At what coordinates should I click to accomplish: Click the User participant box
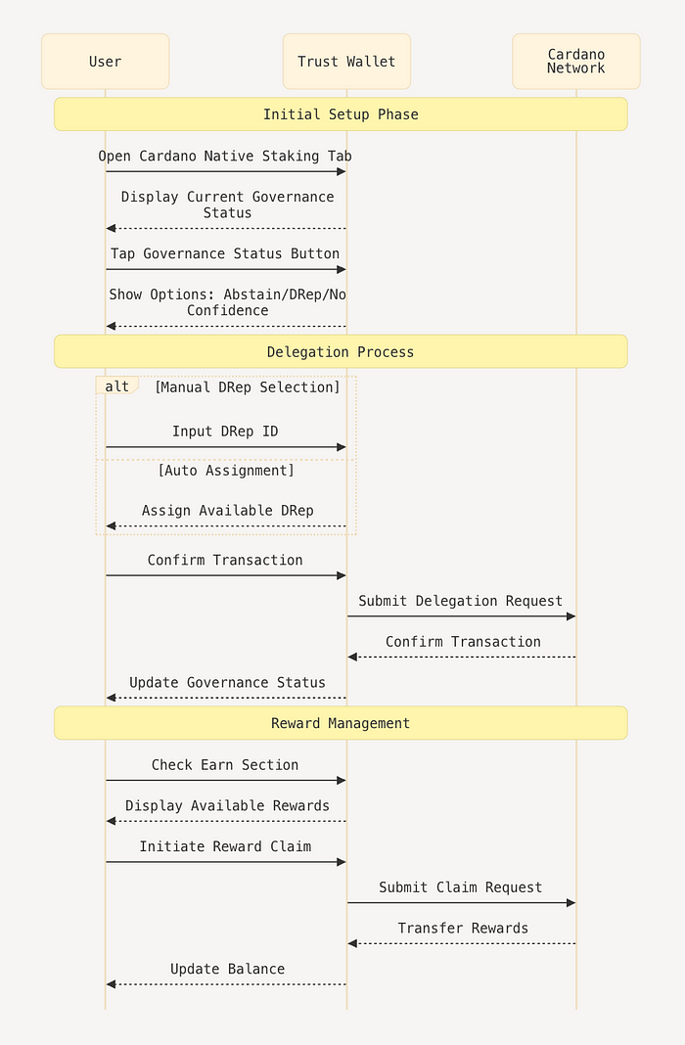(106, 62)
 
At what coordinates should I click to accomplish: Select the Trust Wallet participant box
(346, 62)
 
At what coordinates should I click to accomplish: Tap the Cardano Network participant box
(576, 62)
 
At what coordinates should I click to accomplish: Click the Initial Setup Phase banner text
(341, 114)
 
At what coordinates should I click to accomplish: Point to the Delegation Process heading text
(341, 352)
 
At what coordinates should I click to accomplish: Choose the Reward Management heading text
(341, 723)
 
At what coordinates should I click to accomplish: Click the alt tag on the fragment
(116, 386)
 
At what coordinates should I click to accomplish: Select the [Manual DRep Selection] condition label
(248, 387)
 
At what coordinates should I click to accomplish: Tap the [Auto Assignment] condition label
(226, 471)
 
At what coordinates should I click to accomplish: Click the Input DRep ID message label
(225, 432)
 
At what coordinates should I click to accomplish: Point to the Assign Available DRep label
(227, 511)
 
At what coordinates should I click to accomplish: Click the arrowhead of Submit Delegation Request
(571, 616)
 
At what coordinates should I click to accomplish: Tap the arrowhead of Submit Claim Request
(571, 903)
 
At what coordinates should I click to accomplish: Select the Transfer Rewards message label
(463, 929)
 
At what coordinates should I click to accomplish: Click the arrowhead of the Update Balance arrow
(112, 984)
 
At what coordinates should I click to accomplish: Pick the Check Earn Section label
(225, 765)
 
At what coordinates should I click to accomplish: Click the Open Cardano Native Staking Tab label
(225, 156)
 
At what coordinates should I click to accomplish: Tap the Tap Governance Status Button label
(225, 254)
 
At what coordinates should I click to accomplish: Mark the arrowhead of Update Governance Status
(112, 698)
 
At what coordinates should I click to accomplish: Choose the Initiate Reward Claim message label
(225, 846)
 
